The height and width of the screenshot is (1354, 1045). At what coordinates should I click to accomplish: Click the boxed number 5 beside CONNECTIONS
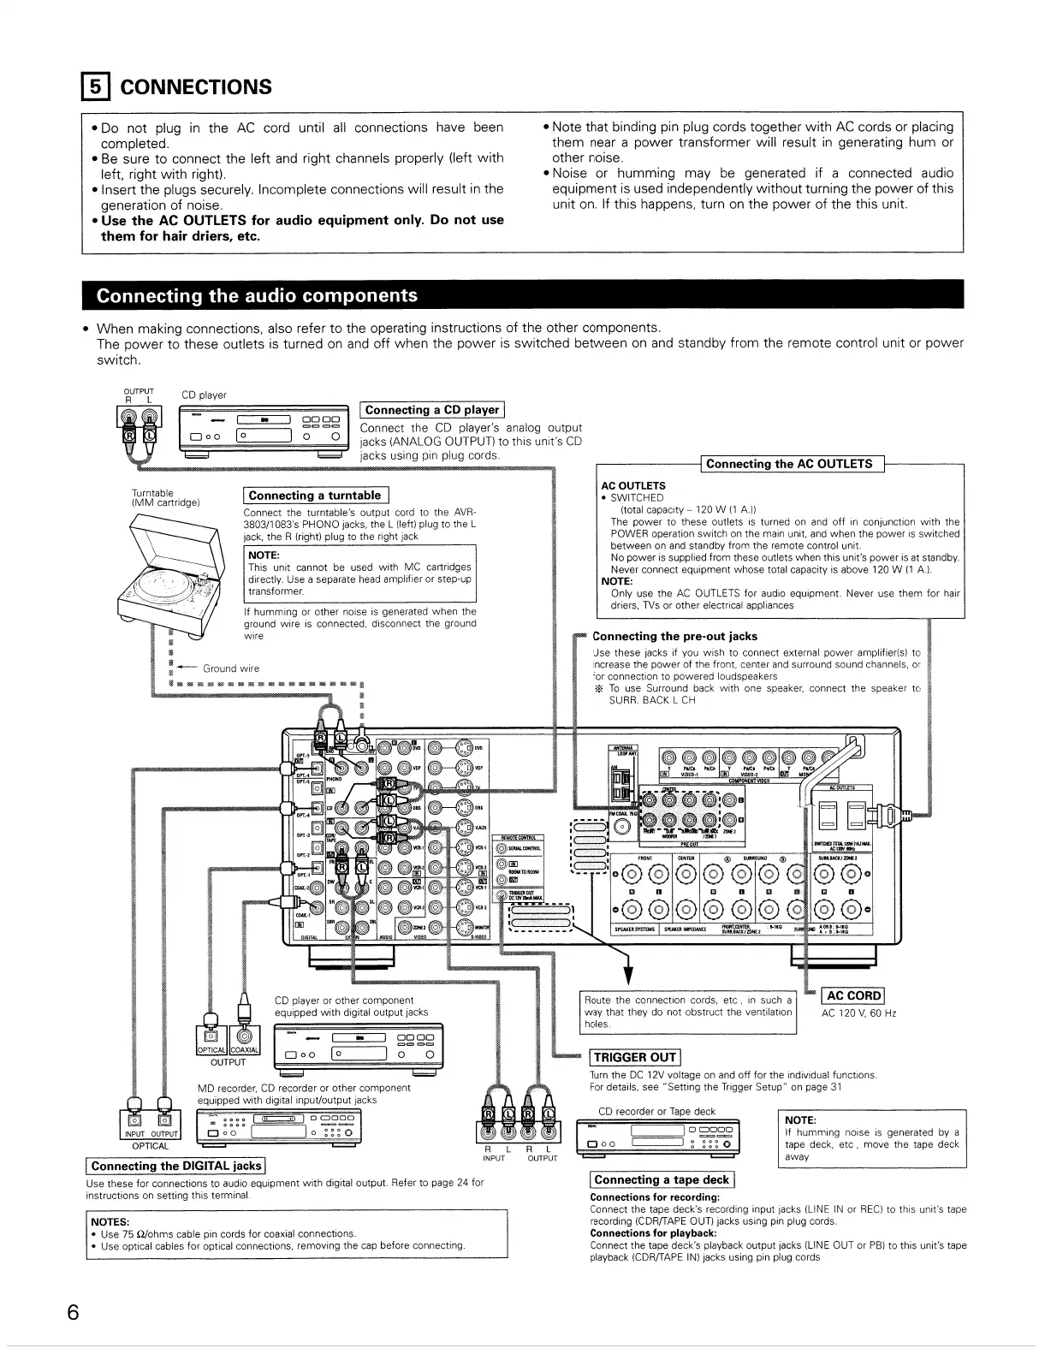[x=96, y=87]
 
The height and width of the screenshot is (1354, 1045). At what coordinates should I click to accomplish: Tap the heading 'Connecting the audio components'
[x=257, y=296]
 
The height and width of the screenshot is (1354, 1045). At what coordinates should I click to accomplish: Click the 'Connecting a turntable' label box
[x=315, y=496]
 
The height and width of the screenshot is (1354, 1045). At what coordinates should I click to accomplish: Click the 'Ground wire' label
[x=230, y=668]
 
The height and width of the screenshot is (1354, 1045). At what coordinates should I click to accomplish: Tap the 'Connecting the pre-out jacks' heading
[x=674, y=636]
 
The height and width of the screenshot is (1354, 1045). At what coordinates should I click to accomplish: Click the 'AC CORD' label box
[x=852, y=995]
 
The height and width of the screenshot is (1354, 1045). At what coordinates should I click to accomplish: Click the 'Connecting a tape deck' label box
[x=661, y=1179]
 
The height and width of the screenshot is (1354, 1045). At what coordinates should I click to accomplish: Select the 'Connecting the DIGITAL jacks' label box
[x=175, y=1166]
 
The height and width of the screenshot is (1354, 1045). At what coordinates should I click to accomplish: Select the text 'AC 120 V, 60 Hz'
[x=858, y=1013]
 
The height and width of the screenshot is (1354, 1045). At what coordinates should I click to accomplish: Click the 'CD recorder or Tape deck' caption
[x=656, y=1111]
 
